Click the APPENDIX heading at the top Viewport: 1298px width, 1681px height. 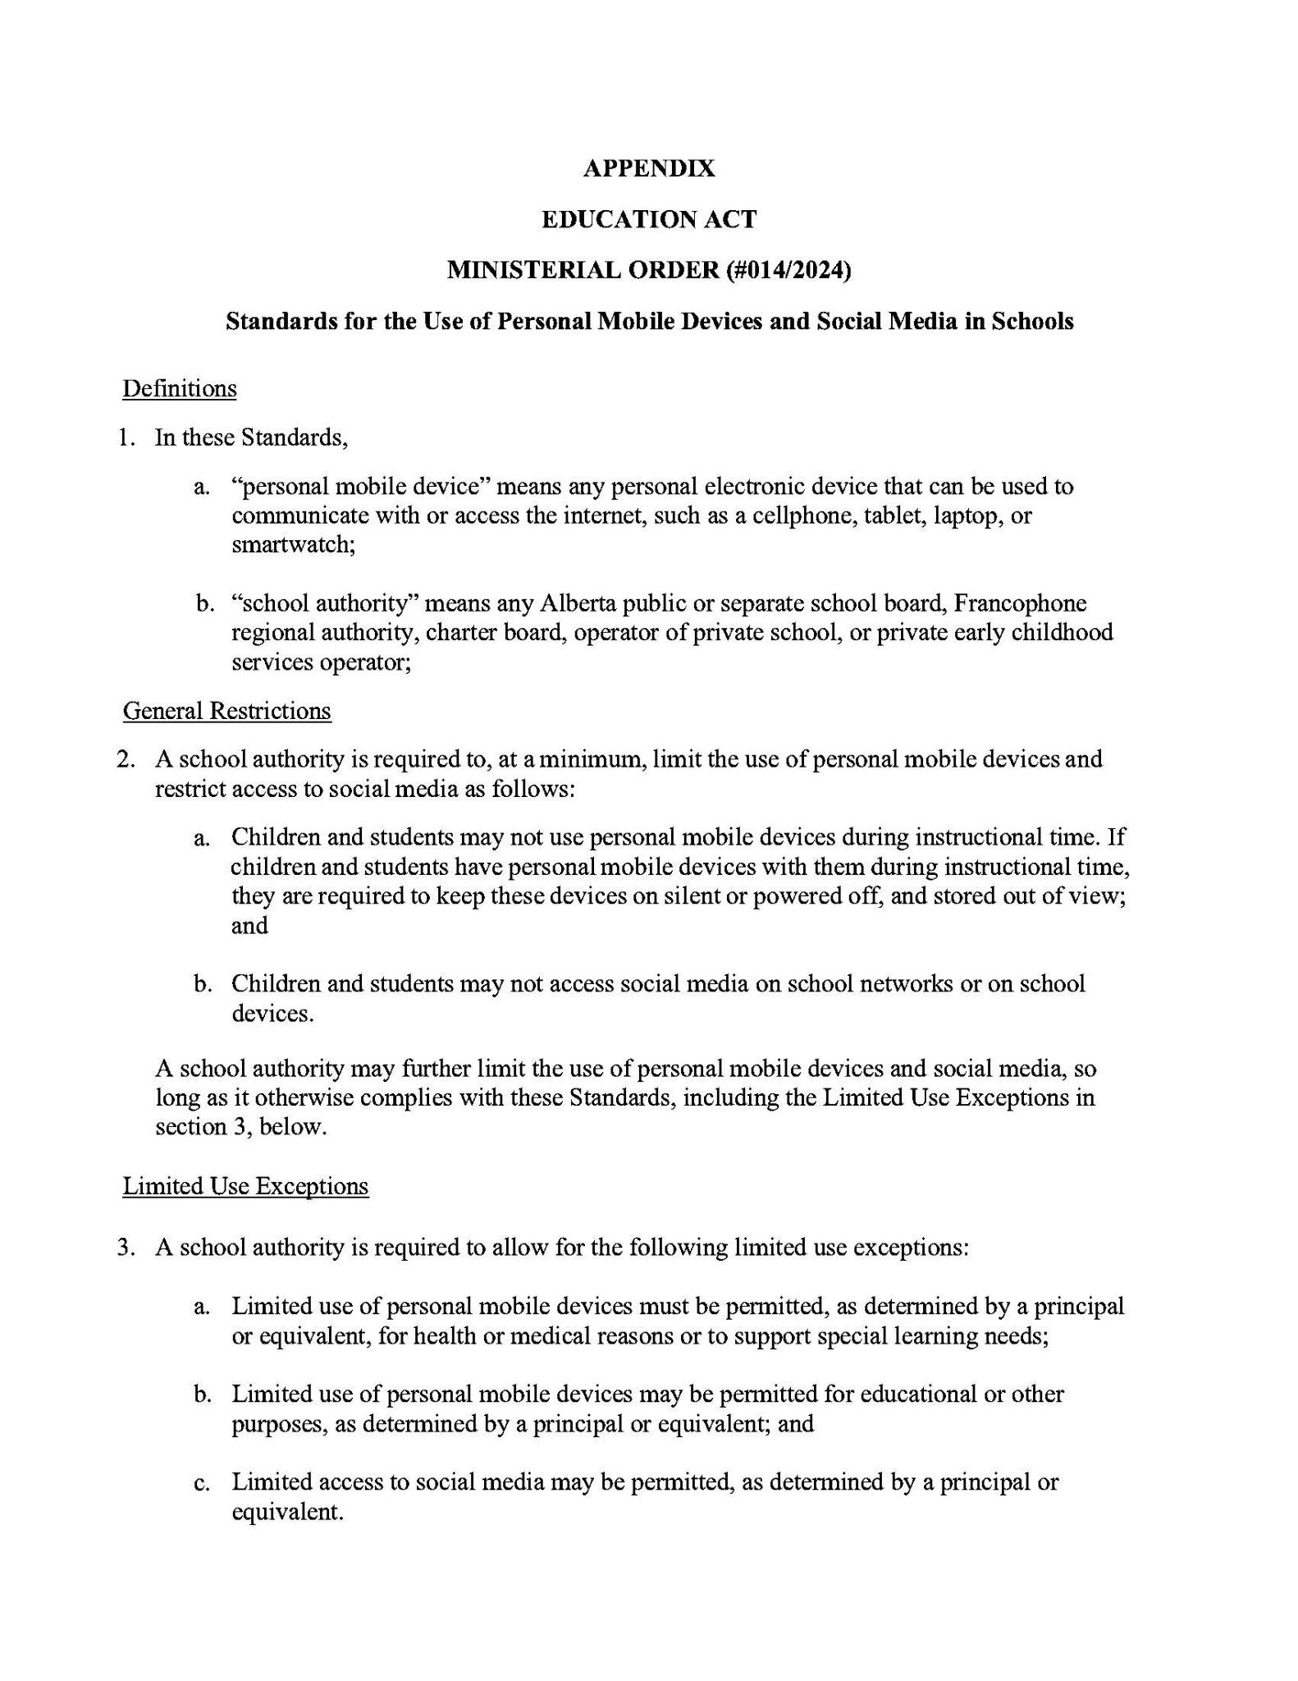click(648, 168)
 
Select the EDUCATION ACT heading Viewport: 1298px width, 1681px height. click(648, 219)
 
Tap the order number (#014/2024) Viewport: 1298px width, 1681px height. click(788, 269)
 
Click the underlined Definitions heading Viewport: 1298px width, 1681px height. click(180, 388)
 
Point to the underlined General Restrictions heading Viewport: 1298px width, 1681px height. click(226, 711)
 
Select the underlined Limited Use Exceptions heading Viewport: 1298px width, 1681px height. click(245, 1186)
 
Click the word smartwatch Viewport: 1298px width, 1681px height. click(291, 544)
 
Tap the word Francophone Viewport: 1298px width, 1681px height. click(1019, 603)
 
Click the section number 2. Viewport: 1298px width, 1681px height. click(125, 759)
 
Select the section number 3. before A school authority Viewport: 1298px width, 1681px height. click(125, 1248)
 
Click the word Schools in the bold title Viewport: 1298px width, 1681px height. click(1032, 321)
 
